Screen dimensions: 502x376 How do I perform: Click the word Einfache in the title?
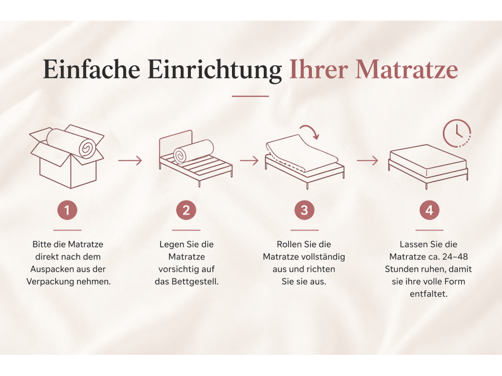point(92,69)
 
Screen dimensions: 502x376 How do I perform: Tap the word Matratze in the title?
point(407,69)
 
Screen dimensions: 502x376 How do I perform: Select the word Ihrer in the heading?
point(318,69)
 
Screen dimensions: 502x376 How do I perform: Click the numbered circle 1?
point(67,211)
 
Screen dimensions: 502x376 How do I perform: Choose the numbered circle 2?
point(186,211)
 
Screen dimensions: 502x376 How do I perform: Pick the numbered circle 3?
point(305,211)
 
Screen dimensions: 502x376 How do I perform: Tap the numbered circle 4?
point(429,211)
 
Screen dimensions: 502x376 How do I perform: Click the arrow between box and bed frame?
point(130,160)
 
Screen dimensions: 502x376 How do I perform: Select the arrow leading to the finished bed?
point(368,160)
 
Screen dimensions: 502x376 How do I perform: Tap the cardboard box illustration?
point(67,157)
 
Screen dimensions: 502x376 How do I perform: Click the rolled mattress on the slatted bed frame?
point(194,151)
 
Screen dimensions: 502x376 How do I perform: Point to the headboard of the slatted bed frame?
point(176,142)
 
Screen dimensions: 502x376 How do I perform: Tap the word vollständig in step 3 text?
point(324,257)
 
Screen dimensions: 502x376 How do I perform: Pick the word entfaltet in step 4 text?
point(429,294)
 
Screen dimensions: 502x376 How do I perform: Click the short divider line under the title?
point(250,96)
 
